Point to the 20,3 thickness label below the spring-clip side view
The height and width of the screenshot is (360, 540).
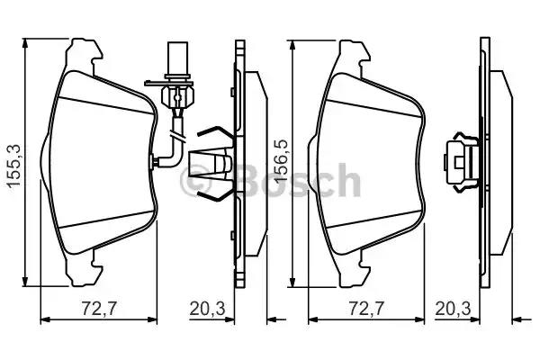tap(208, 309)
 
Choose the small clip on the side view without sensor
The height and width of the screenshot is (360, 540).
tap(461, 163)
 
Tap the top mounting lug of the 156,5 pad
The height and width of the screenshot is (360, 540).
tap(354, 51)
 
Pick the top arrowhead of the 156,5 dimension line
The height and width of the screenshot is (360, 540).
tap(293, 42)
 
